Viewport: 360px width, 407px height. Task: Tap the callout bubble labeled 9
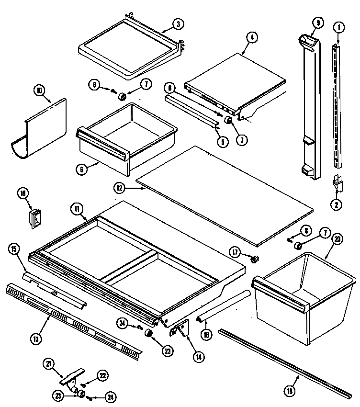[317, 23]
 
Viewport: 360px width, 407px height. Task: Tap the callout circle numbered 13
[36, 339]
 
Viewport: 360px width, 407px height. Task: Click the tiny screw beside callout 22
[83, 384]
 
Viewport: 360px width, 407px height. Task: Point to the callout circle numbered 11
[77, 209]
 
